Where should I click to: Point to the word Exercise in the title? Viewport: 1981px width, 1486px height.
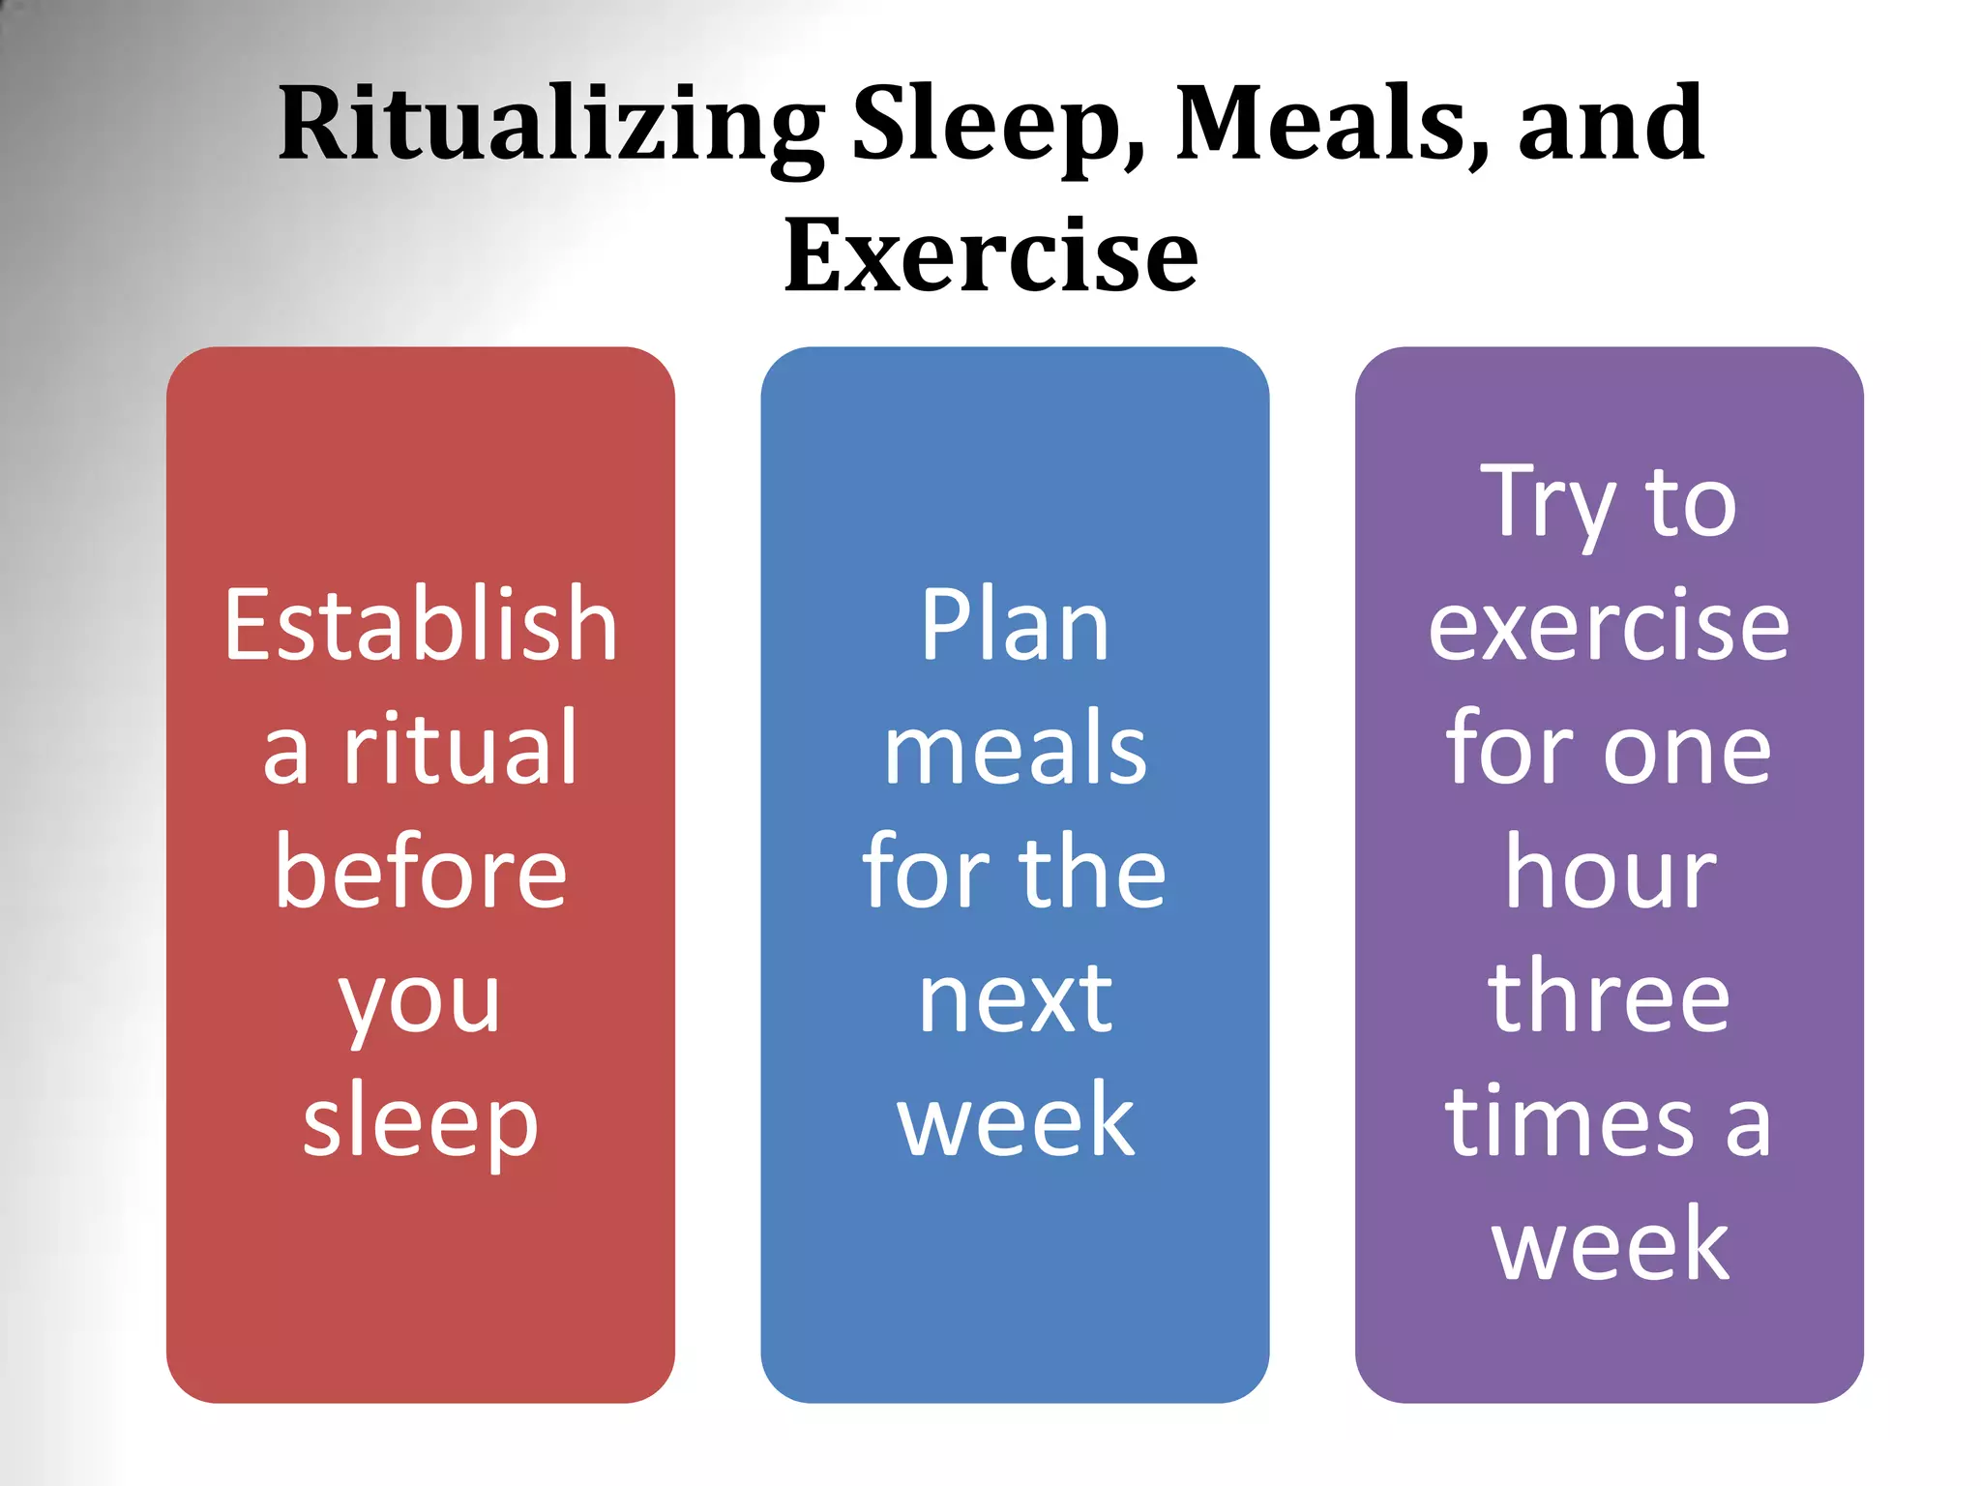click(990, 255)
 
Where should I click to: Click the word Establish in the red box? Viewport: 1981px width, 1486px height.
click(421, 626)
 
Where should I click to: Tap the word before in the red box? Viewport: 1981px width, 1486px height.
click(421, 873)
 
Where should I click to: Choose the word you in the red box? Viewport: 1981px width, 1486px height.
click(421, 1001)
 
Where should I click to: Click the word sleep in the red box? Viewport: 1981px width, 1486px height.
click(421, 1122)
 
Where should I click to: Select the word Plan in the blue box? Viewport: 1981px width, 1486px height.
click(1015, 626)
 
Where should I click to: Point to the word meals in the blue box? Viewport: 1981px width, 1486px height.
click(1015, 750)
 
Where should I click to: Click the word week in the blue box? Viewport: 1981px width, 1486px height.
click(1015, 1122)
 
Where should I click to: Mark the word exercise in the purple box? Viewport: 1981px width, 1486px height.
click(1609, 628)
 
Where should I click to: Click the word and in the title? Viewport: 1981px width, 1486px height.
click(1611, 126)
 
